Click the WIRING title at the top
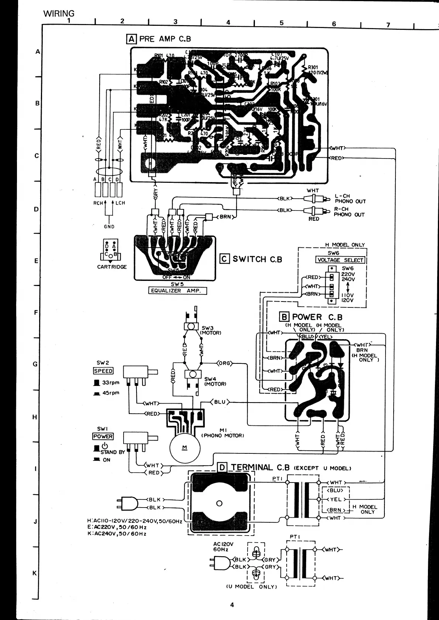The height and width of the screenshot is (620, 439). coord(59,14)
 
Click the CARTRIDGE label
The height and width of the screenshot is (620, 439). coord(112,267)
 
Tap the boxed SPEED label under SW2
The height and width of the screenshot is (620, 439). coord(103,371)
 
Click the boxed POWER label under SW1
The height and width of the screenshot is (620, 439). coord(103,436)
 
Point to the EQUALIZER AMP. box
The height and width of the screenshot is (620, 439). coord(177,290)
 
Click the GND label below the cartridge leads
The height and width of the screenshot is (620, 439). coord(109,227)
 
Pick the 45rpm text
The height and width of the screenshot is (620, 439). coord(111,393)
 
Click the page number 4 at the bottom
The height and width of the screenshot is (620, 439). coord(232,605)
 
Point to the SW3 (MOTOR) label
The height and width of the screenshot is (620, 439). coord(210,330)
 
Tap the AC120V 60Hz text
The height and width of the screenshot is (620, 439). coord(223,547)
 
